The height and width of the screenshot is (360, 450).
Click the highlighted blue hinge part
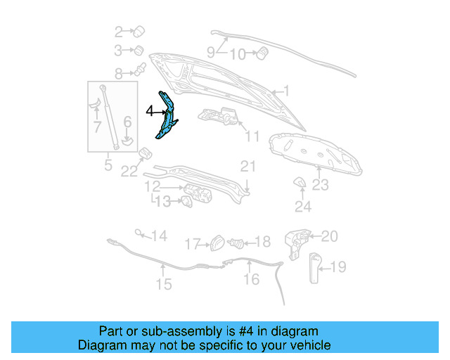point(166,116)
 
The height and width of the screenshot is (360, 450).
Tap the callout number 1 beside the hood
point(285,91)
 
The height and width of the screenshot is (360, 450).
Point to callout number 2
point(119,31)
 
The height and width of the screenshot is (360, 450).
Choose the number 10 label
point(238,55)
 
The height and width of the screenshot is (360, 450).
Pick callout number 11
point(253,136)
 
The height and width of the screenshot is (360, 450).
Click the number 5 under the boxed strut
point(108,166)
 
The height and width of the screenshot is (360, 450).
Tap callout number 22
point(128,171)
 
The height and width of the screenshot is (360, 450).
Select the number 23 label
point(321,186)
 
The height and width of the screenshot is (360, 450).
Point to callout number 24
point(303,207)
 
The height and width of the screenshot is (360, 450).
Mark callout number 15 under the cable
point(163,285)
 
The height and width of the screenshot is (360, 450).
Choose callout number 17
point(192,244)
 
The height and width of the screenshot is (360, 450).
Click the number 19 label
point(338,266)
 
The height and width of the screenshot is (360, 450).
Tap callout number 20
point(330,236)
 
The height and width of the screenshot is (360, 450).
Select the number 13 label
point(162,202)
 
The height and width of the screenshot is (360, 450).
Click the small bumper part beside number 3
point(139,50)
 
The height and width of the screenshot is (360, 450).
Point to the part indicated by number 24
point(299,183)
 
